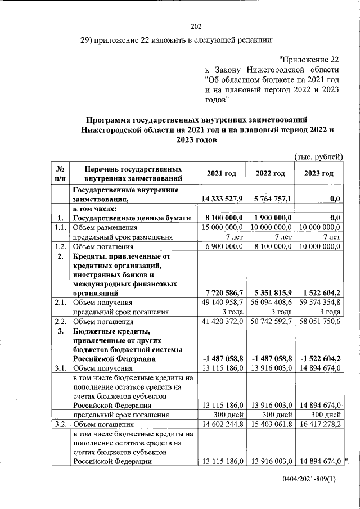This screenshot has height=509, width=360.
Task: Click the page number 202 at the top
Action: pyautogui.click(x=196, y=26)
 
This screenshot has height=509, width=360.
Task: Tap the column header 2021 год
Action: pyautogui.click(x=221, y=173)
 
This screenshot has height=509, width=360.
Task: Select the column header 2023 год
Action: pyautogui.click(x=318, y=173)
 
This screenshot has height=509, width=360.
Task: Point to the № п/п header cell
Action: pyautogui.click(x=60, y=173)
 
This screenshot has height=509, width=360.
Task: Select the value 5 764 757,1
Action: pyautogui.click(x=270, y=199)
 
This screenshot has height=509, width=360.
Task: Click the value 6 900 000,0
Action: pyautogui.click(x=223, y=246)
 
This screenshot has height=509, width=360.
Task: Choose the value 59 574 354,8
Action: pyautogui.click(x=318, y=303)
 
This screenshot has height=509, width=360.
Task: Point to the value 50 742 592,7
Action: pyautogui.click(x=270, y=322)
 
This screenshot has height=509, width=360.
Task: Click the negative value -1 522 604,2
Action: pyautogui.click(x=318, y=359)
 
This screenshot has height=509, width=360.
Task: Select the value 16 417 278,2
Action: pyautogui.click(x=318, y=424)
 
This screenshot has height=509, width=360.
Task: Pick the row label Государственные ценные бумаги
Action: pyautogui.click(x=133, y=218)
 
